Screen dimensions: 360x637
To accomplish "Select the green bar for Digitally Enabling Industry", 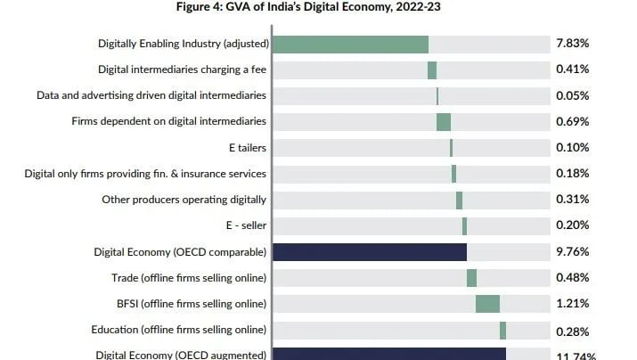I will pos(350,44).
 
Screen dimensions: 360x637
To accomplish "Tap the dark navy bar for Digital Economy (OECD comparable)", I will pos(369,252).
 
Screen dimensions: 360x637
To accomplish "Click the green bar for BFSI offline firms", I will pos(487,304).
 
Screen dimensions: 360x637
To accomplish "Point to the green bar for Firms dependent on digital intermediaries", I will pos(443,122).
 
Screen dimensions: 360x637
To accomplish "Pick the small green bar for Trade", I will pos(471,278).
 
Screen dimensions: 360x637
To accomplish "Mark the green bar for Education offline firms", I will pos(502,331).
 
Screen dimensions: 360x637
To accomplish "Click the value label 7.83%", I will pos(572,44).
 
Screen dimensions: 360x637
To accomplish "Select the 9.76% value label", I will pos(572,252).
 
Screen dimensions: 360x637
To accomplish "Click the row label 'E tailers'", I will pos(247,148).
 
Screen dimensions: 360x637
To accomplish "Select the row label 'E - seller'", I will pos(246,226).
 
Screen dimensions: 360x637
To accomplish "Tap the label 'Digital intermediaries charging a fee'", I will pos(182,70).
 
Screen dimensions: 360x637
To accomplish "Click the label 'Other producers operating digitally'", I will pos(184,200).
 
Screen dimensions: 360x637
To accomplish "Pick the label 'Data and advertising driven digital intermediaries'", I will pos(151,95).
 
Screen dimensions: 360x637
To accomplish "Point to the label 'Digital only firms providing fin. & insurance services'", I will pos(145,174).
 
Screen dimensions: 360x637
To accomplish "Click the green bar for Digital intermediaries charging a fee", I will pos(432,70).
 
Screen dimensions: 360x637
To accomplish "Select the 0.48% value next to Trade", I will pos(572,278).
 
